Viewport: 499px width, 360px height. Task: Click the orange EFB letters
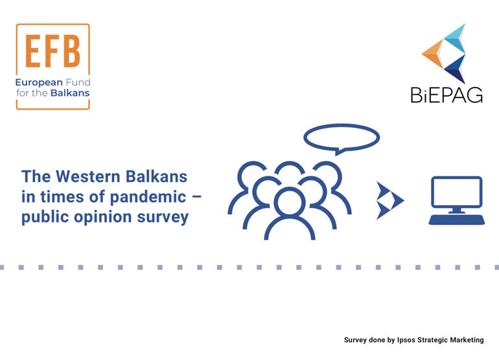coord(52,51)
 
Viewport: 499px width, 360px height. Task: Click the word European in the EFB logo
coord(39,83)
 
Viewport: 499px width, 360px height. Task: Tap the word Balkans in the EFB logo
coord(70,93)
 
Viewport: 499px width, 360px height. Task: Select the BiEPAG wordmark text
coord(447,95)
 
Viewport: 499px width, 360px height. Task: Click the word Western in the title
coord(88,176)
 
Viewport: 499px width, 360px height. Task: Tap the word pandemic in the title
coord(148,197)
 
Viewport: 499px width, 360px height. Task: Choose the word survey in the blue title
coord(163,217)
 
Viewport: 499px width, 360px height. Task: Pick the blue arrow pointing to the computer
coord(390,200)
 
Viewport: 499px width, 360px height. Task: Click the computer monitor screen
coord(457,192)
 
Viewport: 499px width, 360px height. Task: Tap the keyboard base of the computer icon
coord(457,220)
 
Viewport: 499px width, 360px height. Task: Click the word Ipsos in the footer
coord(406,340)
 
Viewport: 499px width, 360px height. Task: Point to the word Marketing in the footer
coord(467,341)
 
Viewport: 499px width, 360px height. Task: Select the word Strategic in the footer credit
coord(432,341)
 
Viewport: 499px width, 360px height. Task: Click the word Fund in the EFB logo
coord(78,82)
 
